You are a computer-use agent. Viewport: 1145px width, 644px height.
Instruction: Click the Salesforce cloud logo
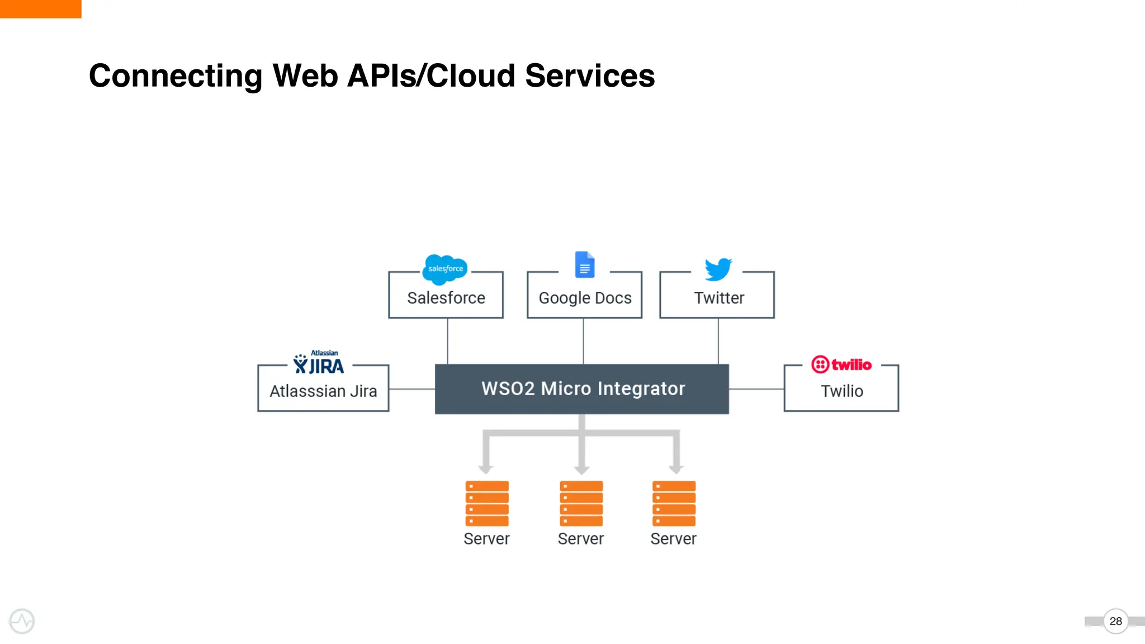point(445,269)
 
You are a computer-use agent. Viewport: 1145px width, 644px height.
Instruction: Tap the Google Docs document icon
point(584,264)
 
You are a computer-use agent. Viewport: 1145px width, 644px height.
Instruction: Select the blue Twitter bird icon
point(718,269)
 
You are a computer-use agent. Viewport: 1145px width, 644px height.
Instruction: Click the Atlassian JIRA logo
point(319,363)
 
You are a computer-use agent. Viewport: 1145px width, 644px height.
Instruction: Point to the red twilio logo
point(841,364)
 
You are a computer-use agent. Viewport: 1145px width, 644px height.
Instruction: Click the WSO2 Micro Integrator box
point(581,389)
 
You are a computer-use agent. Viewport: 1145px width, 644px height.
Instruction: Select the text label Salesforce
point(446,298)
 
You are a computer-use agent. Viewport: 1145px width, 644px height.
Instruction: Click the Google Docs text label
point(585,298)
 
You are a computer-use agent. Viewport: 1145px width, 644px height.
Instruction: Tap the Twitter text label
point(719,298)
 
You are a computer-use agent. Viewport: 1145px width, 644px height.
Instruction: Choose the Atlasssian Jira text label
point(323,391)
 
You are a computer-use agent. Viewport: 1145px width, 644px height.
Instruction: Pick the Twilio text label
point(841,391)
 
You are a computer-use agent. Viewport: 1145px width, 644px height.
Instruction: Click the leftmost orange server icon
point(487,503)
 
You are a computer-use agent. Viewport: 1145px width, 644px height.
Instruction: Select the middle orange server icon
point(581,503)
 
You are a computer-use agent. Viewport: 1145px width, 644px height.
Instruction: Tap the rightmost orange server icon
point(674,503)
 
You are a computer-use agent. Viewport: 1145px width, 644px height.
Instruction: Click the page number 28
point(1115,621)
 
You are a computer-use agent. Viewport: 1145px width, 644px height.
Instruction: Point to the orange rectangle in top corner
point(40,8)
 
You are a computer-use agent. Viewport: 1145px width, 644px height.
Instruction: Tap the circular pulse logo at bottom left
point(22,621)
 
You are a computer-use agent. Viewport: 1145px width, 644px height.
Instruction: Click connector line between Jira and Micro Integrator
point(411,389)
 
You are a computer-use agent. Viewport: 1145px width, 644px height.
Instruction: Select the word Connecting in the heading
point(176,77)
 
